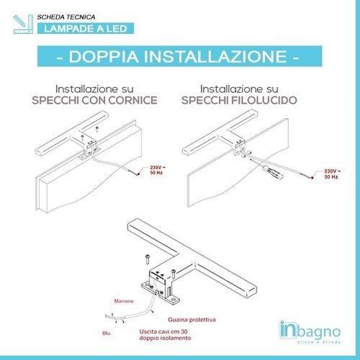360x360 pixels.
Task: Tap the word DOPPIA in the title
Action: pyautogui.click(x=106, y=56)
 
